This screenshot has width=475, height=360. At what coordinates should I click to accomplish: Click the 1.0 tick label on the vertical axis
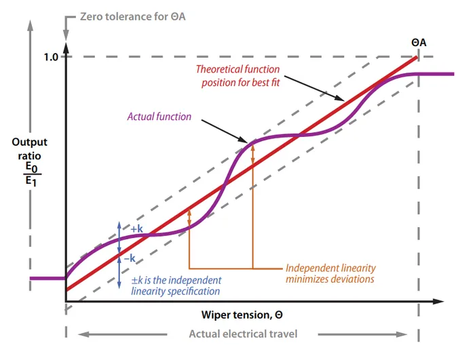51,57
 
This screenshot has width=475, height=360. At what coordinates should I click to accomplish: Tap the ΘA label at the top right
419,43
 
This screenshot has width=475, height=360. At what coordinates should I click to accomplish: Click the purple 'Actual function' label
159,117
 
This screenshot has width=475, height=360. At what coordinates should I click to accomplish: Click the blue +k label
136,228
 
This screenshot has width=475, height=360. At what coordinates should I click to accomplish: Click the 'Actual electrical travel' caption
242,334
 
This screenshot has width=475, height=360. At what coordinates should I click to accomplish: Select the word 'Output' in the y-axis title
29,142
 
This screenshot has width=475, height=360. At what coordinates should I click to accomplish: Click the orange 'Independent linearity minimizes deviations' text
330,273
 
